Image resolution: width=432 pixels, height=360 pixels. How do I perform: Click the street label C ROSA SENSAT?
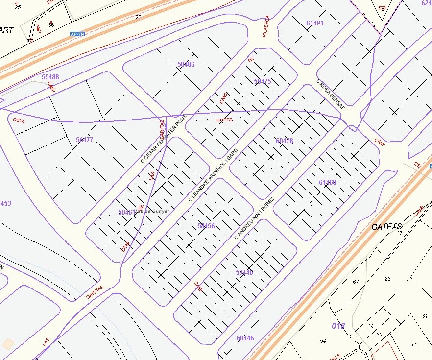[x=331, y=94]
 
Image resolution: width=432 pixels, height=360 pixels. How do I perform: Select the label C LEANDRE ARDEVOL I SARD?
[x=213, y=175]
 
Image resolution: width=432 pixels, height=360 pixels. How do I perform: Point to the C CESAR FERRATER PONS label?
[x=164, y=140]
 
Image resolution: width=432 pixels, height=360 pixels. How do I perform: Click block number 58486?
[x=186, y=64]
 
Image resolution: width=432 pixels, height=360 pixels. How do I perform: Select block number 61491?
[x=314, y=23]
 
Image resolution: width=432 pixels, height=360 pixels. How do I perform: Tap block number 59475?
[x=263, y=81]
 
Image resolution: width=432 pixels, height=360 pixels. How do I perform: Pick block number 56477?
[x=85, y=140]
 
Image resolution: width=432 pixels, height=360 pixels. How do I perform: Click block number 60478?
[x=285, y=141]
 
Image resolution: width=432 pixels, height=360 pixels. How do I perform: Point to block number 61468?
[x=328, y=182]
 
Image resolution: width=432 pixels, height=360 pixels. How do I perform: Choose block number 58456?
[x=206, y=226]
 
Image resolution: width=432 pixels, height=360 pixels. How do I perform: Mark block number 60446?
[x=245, y=338]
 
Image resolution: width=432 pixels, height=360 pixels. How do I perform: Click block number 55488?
[x=50, y=77]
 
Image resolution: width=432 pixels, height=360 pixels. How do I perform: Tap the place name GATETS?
[x=386, y=226]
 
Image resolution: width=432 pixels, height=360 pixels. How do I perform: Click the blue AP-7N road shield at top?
[x=77, y=34]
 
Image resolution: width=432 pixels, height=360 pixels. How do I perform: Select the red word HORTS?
[x=225, y=120]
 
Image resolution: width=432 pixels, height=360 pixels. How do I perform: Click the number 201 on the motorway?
[x=140, y=18]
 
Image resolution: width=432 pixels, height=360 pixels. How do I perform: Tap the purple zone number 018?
[x=338, y=326]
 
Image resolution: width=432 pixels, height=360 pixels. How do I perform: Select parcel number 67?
[x=356, y=282]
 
